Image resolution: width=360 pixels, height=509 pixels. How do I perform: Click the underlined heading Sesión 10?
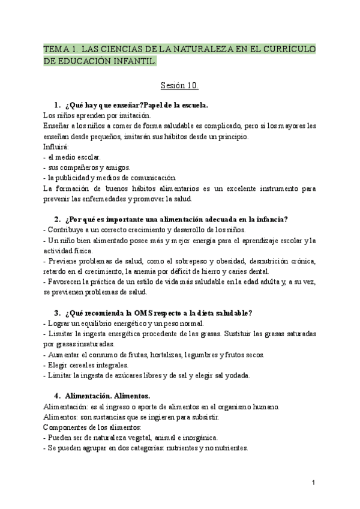(x=179, y=85)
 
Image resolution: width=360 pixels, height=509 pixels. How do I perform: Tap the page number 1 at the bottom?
(x=314, y=483)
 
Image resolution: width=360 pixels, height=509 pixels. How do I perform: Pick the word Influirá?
(x=56, y=146)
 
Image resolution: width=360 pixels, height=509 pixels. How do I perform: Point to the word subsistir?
(x=205, y=417)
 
